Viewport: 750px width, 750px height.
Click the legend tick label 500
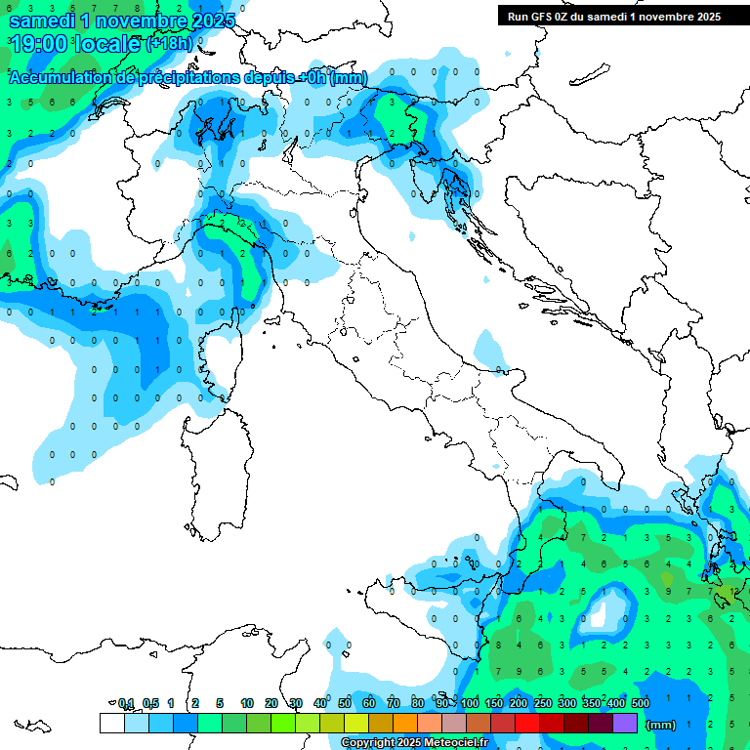point(641,703)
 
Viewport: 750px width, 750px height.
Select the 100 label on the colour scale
point(470,703)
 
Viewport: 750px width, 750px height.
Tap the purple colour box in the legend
point(625,723)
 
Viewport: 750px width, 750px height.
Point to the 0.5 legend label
point(150,703)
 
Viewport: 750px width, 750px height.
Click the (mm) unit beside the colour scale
point(661,725)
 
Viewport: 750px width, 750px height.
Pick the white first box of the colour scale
point(111,723)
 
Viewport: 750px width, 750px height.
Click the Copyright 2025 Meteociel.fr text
point(414,743)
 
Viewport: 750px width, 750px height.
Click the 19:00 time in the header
point(43,44)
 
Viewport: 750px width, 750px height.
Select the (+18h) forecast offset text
point(170,44)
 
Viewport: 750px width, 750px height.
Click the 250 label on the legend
point(543,703)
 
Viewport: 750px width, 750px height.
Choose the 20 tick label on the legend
point(271,703)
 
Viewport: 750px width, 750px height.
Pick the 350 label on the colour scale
point(592,703)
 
